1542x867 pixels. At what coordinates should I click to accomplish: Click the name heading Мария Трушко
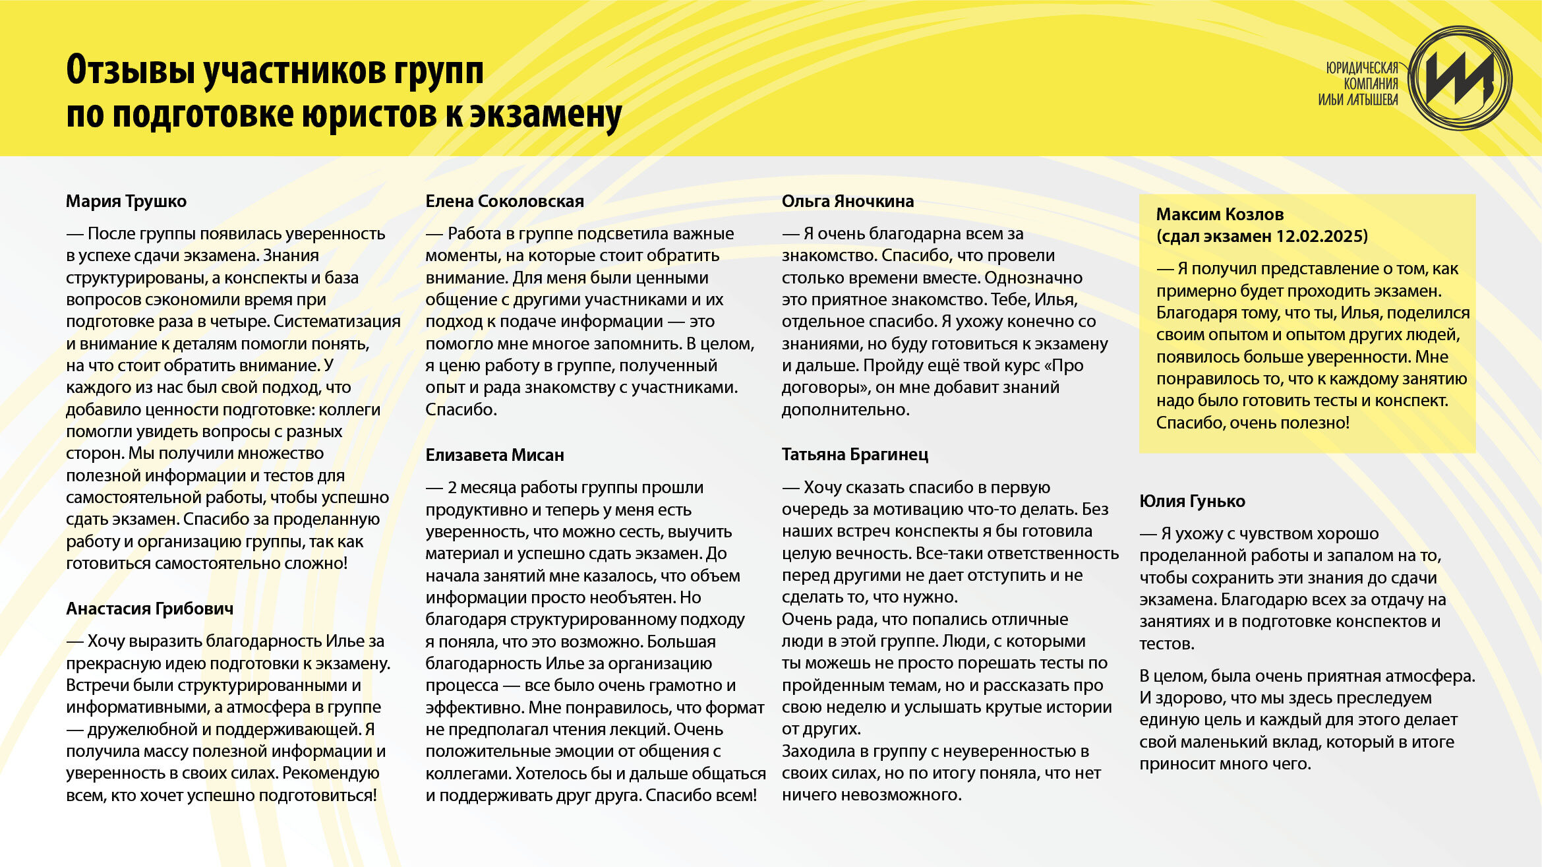pos(126,201)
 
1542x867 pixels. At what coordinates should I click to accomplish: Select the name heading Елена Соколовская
pos(504,201)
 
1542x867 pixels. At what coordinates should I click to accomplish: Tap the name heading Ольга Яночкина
pos(847,201)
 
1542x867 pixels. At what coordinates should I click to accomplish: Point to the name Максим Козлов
pos(1220,214)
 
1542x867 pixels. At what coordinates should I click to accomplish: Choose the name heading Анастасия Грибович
pos(150,609)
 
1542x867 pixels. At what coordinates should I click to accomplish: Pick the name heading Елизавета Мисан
pos(494,455)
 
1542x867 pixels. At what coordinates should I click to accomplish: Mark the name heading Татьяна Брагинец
pos(854,454)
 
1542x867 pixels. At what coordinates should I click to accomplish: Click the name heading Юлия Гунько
pos(1192,501)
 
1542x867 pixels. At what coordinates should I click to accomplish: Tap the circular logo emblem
pos(1460,78)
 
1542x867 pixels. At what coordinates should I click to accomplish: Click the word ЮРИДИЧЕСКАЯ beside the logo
pos(1362,68)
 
